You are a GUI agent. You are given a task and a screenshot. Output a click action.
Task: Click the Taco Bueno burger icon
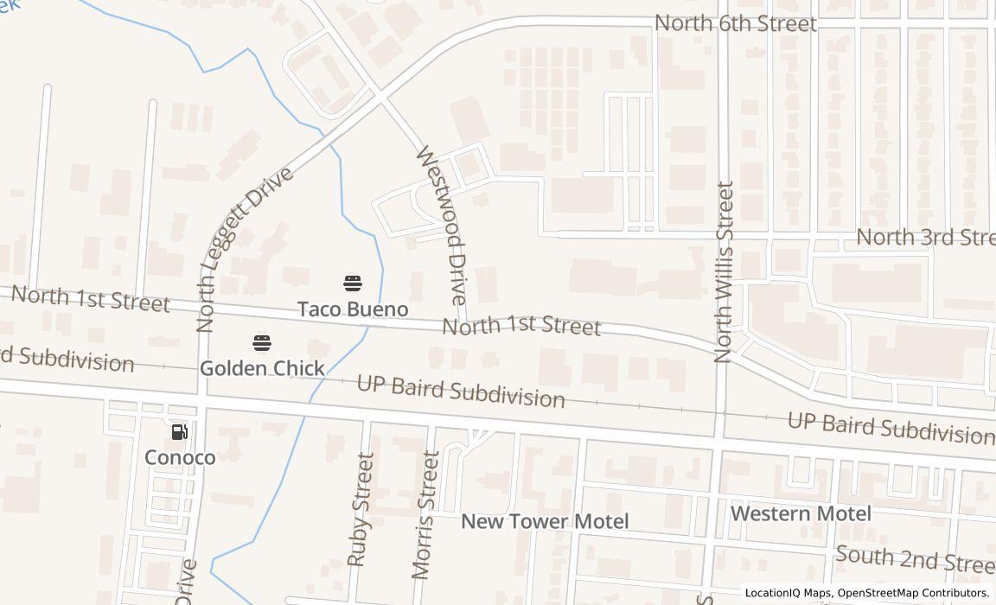tap(353, 283)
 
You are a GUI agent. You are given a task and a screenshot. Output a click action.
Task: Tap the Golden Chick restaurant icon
tap(262, 343)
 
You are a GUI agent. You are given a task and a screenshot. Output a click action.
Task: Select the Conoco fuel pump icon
tap(179, 431)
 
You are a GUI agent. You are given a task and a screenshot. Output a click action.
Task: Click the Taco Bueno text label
tap(353, 309)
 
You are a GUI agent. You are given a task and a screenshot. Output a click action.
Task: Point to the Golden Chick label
tap(262, 368)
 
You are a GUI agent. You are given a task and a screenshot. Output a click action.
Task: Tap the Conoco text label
tap(180, 457)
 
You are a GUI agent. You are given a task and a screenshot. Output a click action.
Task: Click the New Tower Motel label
tap(545, 521)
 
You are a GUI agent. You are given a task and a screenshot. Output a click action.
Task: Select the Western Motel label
tap(801, 513)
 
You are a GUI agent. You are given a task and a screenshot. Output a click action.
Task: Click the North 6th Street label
tap(735, 23)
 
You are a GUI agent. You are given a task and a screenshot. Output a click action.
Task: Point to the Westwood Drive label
tap(441, 225)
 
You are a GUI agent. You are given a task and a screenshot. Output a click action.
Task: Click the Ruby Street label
tap(361, 509)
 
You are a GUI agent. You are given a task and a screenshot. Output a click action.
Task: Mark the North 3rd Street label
tap(925, 237)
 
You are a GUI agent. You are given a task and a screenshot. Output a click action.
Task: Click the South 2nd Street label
tap(915, 559)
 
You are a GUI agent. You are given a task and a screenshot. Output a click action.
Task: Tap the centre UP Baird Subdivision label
tap(461, 391)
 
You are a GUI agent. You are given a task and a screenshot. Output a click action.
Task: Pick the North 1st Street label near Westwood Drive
tap(521, 326)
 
